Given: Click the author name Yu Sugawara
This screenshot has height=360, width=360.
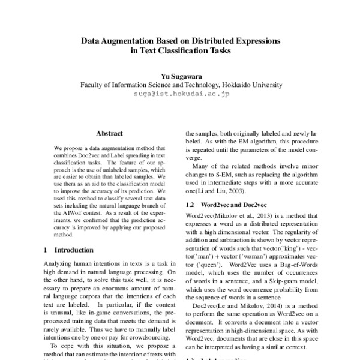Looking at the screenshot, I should click(180, 76).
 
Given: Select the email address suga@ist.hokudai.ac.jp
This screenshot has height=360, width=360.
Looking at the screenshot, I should click(179, 94).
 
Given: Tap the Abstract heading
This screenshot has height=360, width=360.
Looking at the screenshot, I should click(109, 133).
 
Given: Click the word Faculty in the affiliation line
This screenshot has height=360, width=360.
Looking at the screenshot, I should click(94, 85).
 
